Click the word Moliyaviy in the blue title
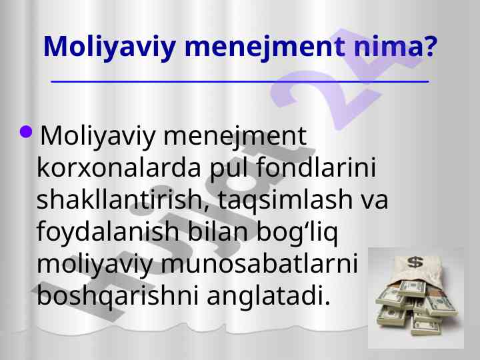point(109,47)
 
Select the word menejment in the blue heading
point(264,47)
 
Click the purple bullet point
point(26,131)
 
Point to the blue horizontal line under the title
point(240,82)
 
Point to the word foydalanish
point(108,232)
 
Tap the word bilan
point(217,231)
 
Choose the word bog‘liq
point(297,233)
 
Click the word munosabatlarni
point(259,263)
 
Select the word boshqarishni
point(117,296)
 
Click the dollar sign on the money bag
point(415,263)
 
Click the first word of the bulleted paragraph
point(97,136)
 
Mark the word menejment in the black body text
point(235,136)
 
